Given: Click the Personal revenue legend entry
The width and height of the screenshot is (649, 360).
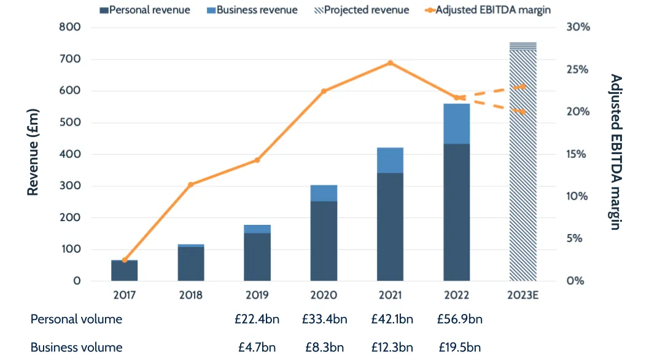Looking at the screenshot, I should click(x=145, y=10).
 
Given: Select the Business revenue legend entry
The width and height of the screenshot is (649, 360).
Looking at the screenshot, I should click(x=253, y=10).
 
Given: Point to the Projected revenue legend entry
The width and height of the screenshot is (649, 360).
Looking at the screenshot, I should click(x=362, y=10).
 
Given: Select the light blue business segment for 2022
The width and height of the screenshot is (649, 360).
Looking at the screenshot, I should click(x=456, y=123).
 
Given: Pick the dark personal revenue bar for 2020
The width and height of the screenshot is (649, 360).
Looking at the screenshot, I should click(x=324, y=241).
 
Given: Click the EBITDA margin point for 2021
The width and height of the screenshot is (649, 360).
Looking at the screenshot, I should click(x=390, y=63).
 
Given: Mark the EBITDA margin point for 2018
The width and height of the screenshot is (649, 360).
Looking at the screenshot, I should click(x=191, y=184).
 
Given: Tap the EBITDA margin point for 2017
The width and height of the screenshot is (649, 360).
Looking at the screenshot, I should click(x=125, y=260).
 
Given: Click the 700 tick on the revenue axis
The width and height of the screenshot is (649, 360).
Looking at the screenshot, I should click(x=69, y=59).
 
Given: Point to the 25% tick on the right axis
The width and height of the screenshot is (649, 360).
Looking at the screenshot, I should click(x=578, y=69).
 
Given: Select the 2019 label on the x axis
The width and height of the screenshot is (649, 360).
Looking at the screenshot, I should click(x=257, y=295).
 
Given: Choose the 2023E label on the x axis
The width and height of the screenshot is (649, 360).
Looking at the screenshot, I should click(x=523, y=295).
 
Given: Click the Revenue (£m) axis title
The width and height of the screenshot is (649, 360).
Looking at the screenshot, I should click(x=33, y=152).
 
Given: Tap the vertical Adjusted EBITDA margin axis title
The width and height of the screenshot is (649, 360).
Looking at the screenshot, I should click(x=615, y=152).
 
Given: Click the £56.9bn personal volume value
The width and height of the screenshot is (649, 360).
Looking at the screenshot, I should click(x=459, y=319).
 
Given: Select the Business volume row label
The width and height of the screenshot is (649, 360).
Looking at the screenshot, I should click(x=76, y=347).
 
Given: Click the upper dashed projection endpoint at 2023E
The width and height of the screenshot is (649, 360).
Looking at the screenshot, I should click(x=523, y=87).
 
